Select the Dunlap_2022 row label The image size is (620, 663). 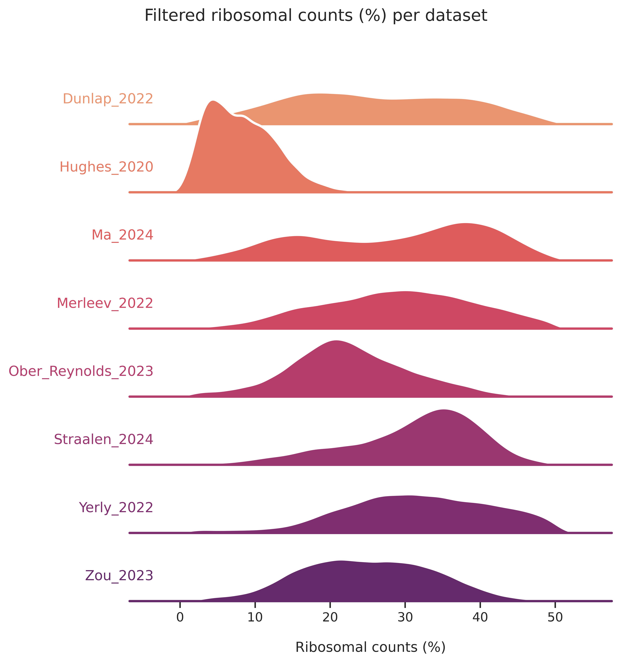[x=108, y=99]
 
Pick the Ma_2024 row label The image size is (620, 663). [x=122, y=235]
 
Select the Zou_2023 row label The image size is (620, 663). [x=119, y=576]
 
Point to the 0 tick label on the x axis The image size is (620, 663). [x=180, y=617]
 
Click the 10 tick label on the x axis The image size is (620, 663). [x=255, y=617]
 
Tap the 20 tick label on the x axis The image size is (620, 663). [x=330, y=617]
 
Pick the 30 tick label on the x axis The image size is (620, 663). [x=405, y=617]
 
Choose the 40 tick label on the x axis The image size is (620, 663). [x=480, y=617]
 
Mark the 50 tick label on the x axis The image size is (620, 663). [x=555, y=617]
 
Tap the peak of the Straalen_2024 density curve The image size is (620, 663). [x=443, y=410]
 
